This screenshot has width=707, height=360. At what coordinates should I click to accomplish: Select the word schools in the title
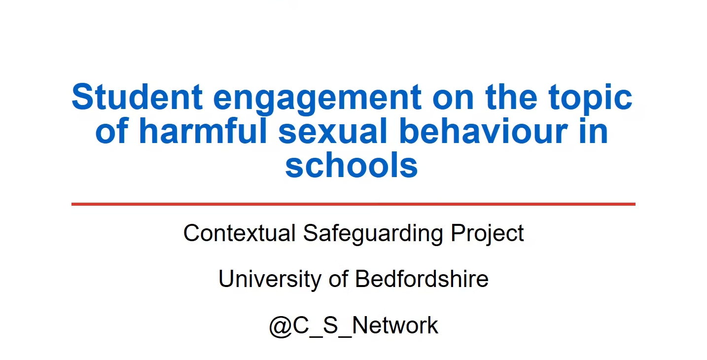tap(352, 165)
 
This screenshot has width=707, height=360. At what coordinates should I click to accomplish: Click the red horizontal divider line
tap(353, 204)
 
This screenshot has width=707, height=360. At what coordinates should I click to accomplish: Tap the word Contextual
tap(239, 233)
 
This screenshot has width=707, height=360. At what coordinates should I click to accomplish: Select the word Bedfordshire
tap(422, 279)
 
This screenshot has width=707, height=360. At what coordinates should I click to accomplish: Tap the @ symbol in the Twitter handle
tap(281, 326)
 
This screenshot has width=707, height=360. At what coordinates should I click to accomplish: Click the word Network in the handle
tap(395, 325)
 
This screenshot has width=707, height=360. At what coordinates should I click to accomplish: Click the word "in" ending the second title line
tap(595, 131)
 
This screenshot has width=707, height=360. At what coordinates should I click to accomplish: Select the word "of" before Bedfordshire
tap(338, 279)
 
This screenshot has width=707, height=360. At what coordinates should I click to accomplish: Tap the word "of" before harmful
tap(112, 131)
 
